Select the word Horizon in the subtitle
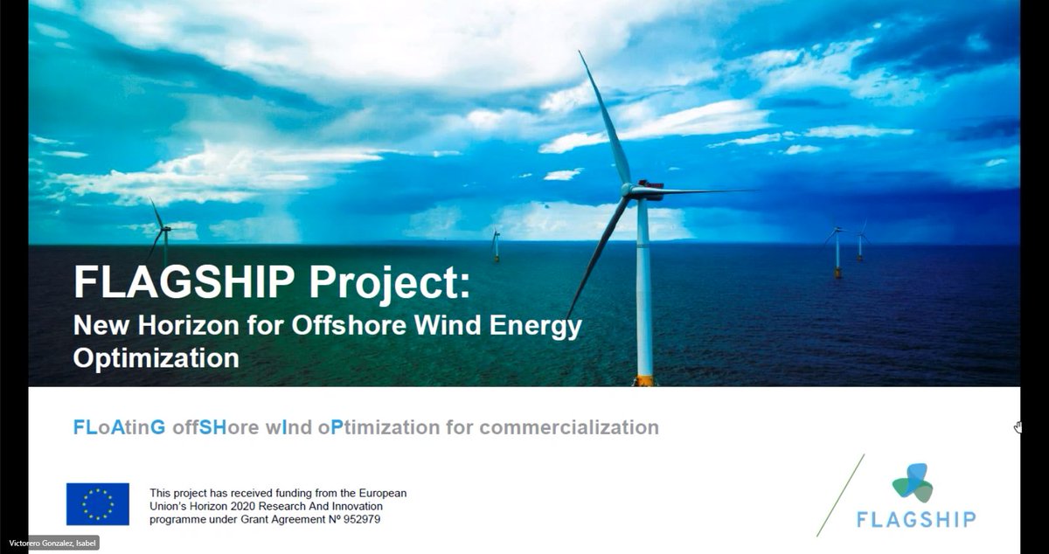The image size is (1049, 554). [179, 326]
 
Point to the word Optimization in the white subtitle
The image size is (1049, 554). [156, 357]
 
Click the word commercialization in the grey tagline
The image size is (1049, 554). [569, 427]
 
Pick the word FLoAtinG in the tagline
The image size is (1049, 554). [119, 427]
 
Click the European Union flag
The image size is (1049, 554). [98, 504]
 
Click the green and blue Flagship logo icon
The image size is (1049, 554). [913, 481]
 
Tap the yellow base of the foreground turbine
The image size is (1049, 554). [644, 380]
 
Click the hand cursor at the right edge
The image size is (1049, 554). [1018, 427]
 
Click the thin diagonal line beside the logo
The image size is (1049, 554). [840, 495]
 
